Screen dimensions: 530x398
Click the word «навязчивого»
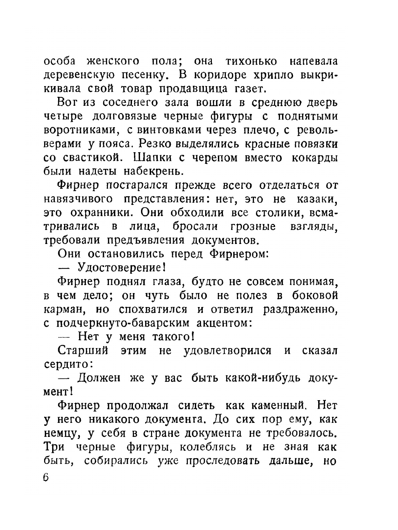(x=78, y=199)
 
